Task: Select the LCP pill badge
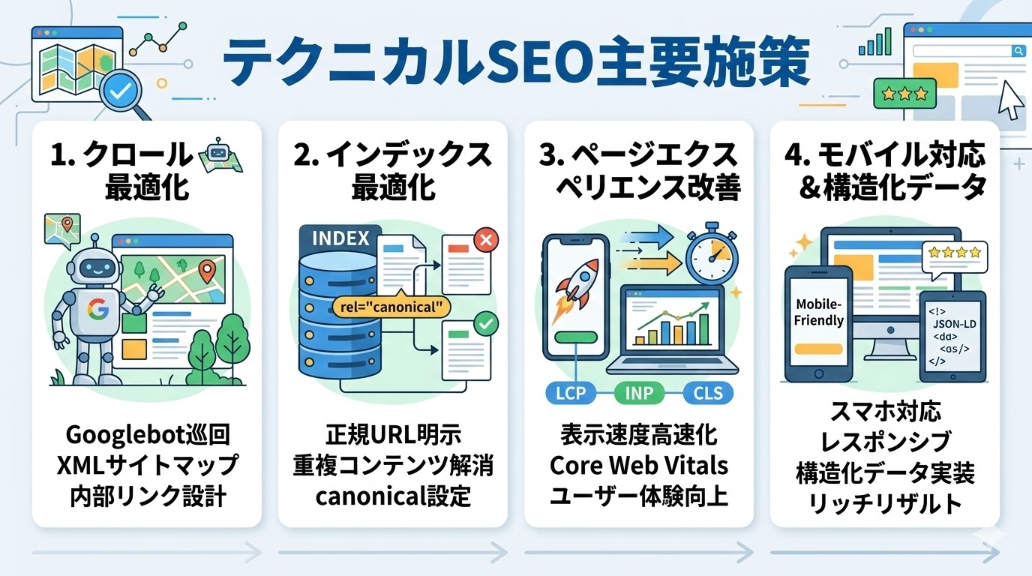[x=566, y=392]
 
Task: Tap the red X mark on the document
[x=486, y=241]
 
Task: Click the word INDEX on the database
[x=340, y=238]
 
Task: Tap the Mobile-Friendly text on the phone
[x=819, y=313]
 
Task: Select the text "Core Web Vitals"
[x=639, y=465]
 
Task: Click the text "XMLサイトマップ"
[x=147, y=465]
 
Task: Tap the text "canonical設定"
[x=393, y=496]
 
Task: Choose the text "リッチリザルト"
[x=885, y=503]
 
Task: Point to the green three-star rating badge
[x=904, y=94]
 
